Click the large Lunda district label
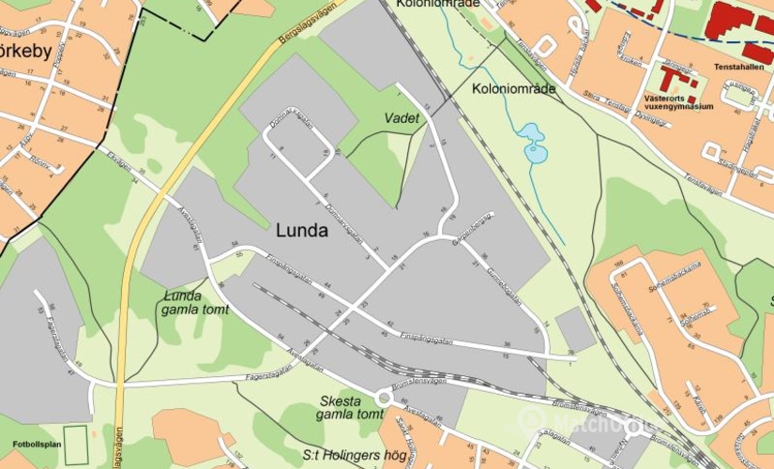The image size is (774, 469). click(302, 231)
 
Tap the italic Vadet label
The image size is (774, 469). click(402, 118)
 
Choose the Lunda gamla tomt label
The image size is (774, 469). click(194, 303)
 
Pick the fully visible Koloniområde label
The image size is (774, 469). click(514, 89)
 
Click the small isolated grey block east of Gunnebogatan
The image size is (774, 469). click(575, 329)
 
